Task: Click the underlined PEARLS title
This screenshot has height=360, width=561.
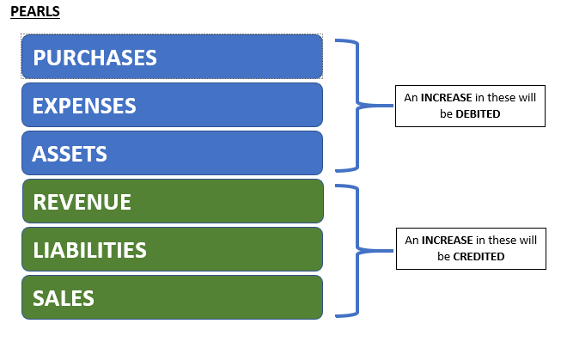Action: coord(35,11)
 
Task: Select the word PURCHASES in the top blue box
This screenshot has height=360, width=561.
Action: coord(95,58)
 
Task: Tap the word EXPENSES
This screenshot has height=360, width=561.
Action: coord(84,106)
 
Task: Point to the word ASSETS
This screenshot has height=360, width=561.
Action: coord(70,154)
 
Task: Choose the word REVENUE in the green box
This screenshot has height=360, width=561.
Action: coord(82,202)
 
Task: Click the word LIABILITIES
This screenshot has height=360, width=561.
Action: coord(89,250)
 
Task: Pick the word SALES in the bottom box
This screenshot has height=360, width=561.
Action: coord(64,298)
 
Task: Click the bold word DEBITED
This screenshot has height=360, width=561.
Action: coord(478,113)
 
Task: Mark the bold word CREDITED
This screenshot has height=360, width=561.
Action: coord(479,256)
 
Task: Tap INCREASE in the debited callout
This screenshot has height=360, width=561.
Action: coord(446,97)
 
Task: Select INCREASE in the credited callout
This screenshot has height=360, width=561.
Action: coord(448,240)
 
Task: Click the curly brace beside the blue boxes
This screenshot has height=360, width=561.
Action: coord(357,105)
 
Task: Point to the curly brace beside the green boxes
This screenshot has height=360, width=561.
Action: coord(357,251)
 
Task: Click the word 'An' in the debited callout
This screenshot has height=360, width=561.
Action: coord(411,97)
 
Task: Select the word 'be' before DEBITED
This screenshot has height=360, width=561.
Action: coord(446,113)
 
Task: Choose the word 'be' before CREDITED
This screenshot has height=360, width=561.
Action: coord(443,256)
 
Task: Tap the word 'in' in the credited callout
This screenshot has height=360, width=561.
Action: coord(480,240)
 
